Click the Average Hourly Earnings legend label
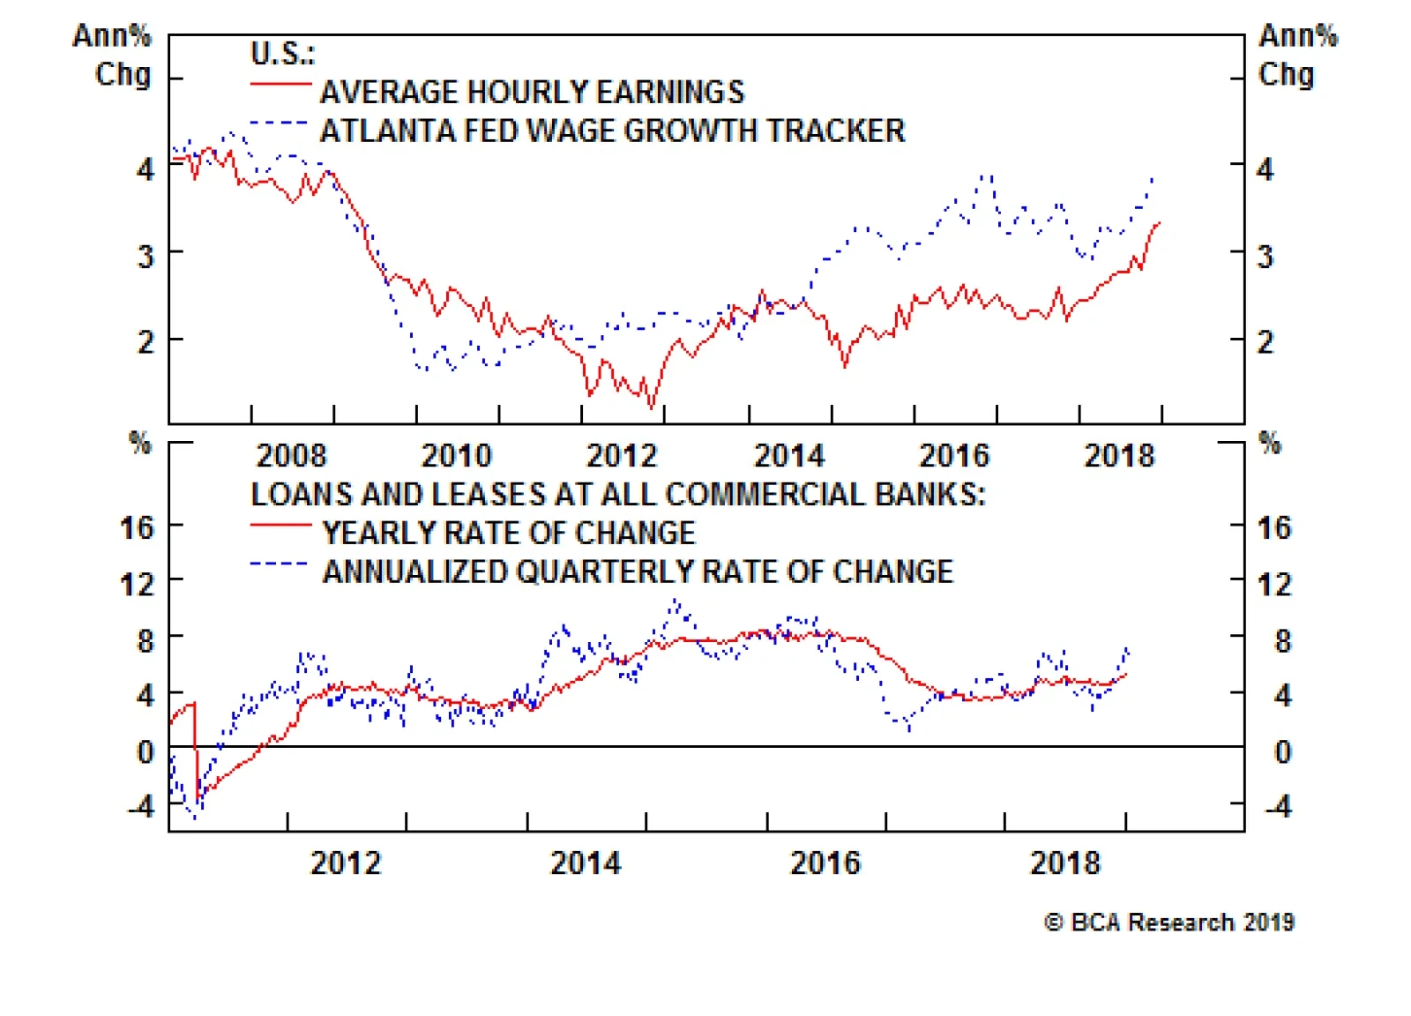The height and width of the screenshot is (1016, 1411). (532, 92)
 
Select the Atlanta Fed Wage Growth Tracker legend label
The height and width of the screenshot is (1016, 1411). (612, 131)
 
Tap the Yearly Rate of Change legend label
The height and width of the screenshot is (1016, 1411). (509, 533)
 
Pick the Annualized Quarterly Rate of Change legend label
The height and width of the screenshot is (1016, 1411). (638, 571)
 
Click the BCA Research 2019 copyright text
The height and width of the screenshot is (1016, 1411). (1168, 923)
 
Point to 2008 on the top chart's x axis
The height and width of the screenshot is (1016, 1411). (291, 455)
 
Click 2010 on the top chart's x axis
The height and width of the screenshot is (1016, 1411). (456, 455)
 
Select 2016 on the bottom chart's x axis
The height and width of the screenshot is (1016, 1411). (825, 863)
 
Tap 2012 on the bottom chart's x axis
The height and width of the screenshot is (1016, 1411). (346, 863)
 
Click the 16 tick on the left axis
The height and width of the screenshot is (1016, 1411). (138, 527)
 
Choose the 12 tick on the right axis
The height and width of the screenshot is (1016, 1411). (1274, 584)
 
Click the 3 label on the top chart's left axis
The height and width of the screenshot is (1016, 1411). (146, 256)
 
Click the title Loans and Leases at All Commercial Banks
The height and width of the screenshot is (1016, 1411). (617, 494)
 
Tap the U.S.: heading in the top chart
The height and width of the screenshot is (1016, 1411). (282, 53)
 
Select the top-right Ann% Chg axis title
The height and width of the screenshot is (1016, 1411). (1296, 55)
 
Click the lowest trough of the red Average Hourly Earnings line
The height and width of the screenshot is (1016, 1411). (652, 407)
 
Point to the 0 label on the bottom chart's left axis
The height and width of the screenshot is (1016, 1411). (146, 751)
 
